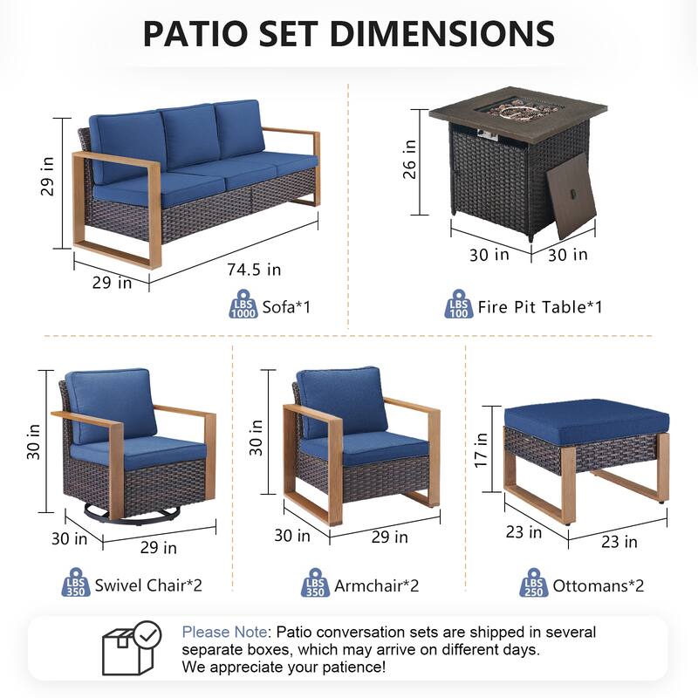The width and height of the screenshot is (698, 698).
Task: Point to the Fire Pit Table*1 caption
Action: tap(540, 307)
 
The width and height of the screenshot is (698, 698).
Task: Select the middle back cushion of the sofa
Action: tap(191, 135)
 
